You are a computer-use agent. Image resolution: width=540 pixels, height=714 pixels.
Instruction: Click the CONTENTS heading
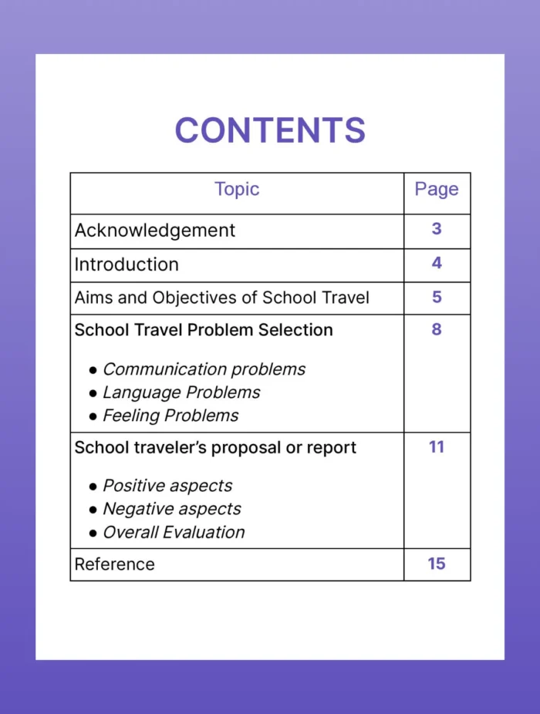point(270,130)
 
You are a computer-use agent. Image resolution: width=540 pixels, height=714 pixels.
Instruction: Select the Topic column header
point(237,190)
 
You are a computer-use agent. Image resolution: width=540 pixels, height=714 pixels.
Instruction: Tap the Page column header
point(437,190)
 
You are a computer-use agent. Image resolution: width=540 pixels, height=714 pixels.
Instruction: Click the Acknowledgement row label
point(155,231)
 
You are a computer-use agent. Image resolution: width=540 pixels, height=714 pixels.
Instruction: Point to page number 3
point(437,229)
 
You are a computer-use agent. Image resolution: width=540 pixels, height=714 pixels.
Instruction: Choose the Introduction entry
point(127,264)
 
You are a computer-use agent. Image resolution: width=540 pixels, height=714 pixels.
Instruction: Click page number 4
point(437,263)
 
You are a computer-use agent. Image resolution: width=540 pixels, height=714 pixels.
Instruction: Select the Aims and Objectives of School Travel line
point(222,298)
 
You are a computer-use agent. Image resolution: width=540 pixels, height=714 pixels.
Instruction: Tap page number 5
point(437,297)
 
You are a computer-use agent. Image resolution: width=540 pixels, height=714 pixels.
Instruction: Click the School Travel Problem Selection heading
point(204,330)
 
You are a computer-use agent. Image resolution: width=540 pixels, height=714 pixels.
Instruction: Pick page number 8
point(437,329)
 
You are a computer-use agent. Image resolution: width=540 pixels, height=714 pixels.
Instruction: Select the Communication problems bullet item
point(204,369)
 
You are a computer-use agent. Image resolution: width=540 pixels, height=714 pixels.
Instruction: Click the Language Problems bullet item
point(181,392)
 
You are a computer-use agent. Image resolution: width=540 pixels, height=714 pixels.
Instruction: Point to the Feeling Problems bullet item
point(170,416)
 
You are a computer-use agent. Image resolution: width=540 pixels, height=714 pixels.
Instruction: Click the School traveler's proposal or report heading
point(215,448)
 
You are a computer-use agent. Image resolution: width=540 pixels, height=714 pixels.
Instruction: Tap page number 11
point(437,446)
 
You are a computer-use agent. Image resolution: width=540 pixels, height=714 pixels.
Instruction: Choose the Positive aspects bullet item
point(167,486)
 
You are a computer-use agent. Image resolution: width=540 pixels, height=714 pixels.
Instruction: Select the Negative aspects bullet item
point(171,509)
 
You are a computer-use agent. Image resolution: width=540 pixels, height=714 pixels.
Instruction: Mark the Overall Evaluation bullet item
point(174,532)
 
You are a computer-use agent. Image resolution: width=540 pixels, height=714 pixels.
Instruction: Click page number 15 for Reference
point(437,564)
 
